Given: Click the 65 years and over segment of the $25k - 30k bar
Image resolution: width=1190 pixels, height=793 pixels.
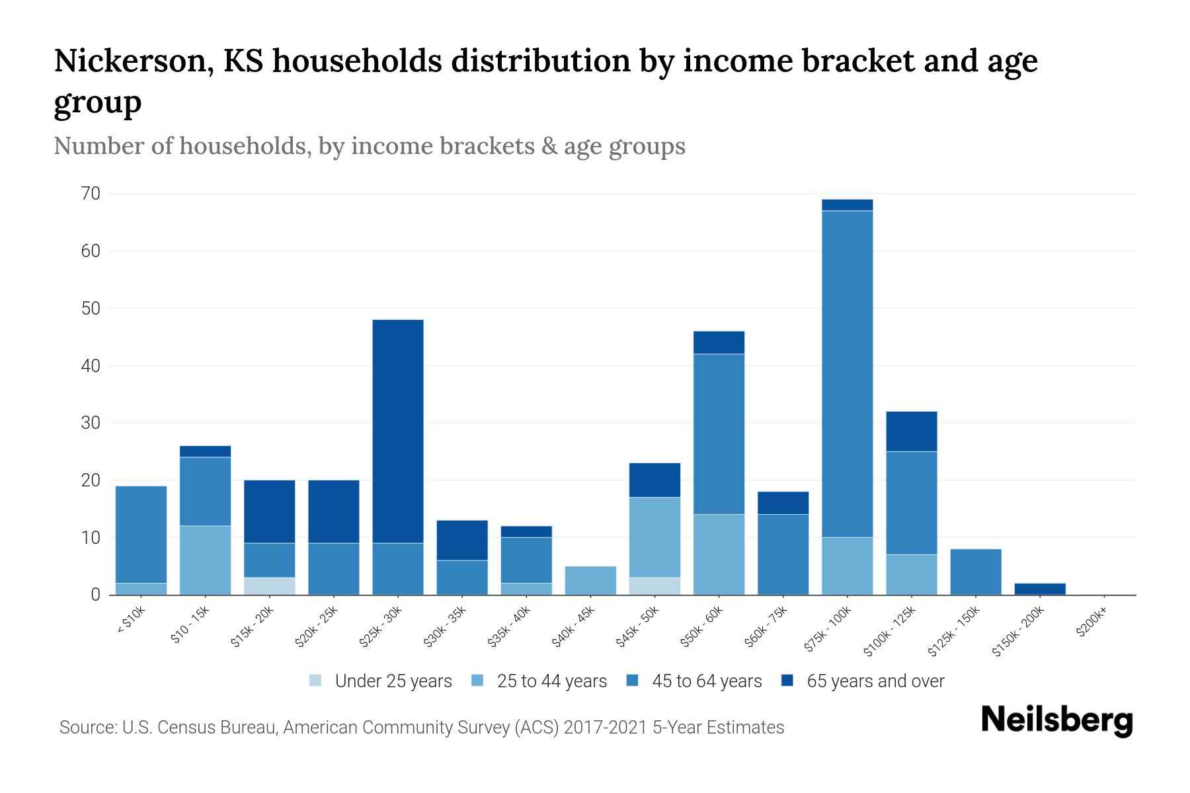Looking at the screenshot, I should pyautogui.click(x=398, y=431).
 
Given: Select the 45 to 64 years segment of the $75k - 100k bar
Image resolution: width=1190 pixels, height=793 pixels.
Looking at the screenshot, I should pyautogui.click(x=847, y=373).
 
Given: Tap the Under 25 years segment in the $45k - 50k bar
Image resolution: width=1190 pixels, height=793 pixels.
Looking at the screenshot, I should pyautogui.click(x=654, y=586).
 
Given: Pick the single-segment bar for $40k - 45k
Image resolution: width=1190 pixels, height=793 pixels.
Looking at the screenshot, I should pyautogui.click(x=590, y=580).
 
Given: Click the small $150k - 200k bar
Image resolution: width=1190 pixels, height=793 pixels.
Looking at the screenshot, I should pyautogui.click(x=1040, y=589).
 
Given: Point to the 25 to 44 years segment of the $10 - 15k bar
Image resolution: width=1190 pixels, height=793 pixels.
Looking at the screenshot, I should pyautogui.click(x=205, y=560).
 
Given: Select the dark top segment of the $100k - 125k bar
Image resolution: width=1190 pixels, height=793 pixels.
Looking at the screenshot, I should pyautogui.click(x=911, y=432).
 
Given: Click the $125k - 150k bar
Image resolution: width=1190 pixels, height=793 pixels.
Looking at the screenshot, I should pyautogui.click(x=975, y=572).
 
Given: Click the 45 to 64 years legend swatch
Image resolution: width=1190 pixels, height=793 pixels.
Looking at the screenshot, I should pyautogui.click(x=633, y=681).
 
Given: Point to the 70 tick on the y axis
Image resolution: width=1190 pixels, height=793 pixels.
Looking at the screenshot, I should pyautogui.click(x=91, y=194).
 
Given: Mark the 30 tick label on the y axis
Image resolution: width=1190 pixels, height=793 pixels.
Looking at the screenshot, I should pyautogui.click(x=91, y=423).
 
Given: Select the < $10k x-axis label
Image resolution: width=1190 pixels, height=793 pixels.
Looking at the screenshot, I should pyautogui.click(x=130, y=621).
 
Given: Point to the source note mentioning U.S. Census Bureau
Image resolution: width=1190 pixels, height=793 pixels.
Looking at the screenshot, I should pyautogui.click(x=421, y=728).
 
